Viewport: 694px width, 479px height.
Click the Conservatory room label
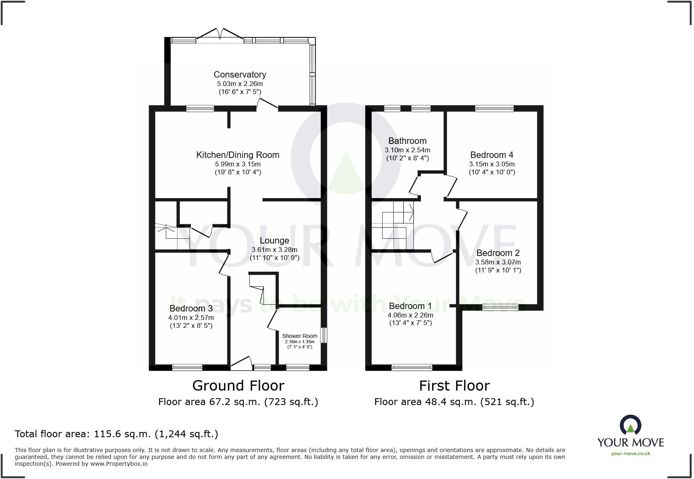pos(240,74)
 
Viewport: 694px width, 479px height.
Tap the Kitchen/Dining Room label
pos(238,155)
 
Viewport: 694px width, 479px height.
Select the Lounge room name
pos(274,240)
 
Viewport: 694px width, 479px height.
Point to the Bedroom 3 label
pos(191,308)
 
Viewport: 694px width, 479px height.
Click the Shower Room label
pos(300,336)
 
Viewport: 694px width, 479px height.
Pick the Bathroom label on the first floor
pos(407,141)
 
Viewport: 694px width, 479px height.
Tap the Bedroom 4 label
pos(492,155)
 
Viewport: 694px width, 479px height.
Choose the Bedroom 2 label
pos(498,253)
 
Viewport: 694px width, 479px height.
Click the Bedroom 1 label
pos(410,306)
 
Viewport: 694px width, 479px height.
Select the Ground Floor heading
pos(238,385)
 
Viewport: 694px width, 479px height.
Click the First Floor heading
pos(454,385)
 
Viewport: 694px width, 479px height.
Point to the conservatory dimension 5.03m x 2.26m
pos(240,84)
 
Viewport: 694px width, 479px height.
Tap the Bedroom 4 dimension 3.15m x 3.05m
pos(492,164)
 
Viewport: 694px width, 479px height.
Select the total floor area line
pos(116,434)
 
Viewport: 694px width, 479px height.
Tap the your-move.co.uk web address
pos(631,453)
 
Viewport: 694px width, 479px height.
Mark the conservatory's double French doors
pos(219,35)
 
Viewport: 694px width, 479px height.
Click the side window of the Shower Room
pos(325,336)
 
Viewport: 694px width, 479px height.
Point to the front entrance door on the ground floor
pos(241,363)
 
